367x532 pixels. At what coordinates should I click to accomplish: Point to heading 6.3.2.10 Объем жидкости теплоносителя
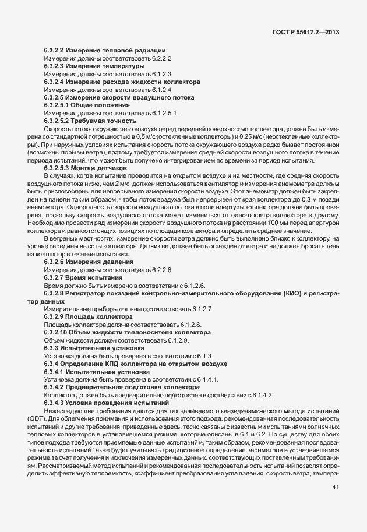click(119, 332)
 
